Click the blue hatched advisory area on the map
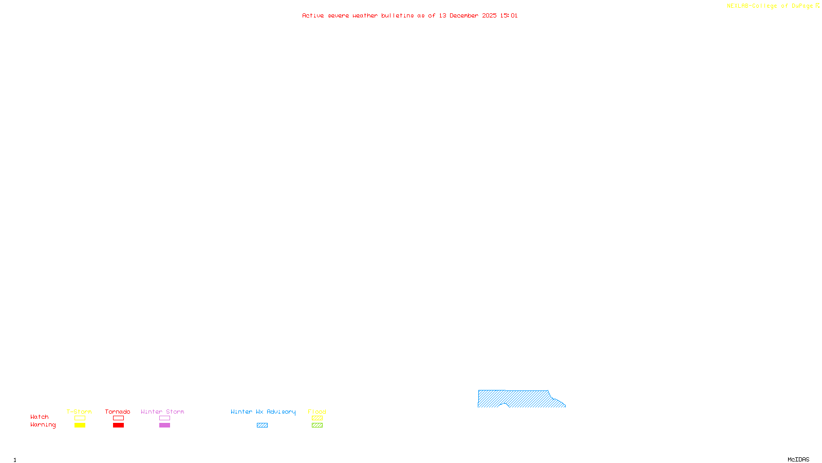[519, 399]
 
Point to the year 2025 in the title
[489, 15]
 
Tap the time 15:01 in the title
[509, 15]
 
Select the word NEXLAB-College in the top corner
[752, 6]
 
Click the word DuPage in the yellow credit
[802, 6]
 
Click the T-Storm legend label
[79, 412]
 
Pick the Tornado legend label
[118, 412]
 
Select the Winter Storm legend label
[162, 412]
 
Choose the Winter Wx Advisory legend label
[263, 412]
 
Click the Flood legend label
[317, 412]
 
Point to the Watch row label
[40, 417]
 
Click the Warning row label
[43, 425]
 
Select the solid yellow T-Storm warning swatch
[80, 425]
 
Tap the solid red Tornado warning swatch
[118, 425]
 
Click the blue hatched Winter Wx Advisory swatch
[262, 425]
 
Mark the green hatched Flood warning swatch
[317, 425]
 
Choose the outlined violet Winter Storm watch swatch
[164, 418]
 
